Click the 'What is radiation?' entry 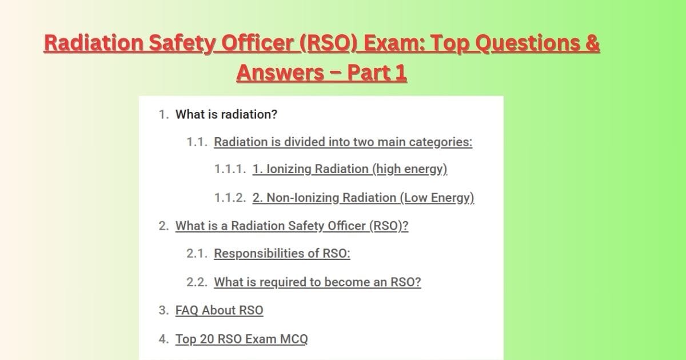pyautogui.click(x=226, y=114)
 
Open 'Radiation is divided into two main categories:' pyautogui.click(x=343, y=142)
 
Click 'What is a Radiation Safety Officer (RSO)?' pyautogui.click(x=292, y=226)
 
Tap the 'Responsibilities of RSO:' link pyautogui.click(x=282, y=254)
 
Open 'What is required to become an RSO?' pyautogui.click(x=317, y=282)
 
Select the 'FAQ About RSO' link pyautogui.click(x=220, y=310)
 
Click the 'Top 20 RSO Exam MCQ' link pyautogui.click(x=241, y=339)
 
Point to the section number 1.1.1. pyautogui.click(x=230, y=170)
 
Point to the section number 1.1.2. pyautogui.click(x=230, y=198)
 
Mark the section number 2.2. pyautogui.click(x=196, y=282)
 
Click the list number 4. pyautogui.click(x=163, y=339)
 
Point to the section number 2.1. pyautogui.click(x=196, y=254)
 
